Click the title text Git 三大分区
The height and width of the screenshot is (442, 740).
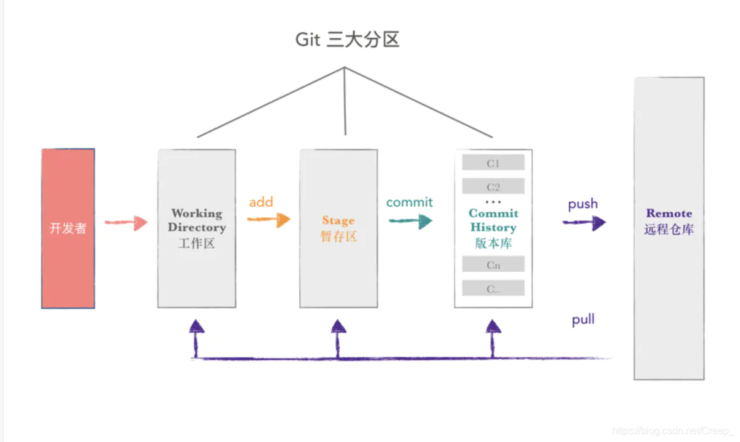[347, 40]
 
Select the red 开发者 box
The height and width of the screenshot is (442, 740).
[68, 228]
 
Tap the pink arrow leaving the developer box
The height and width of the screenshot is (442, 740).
[126, 223]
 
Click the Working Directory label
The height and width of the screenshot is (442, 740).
[197, 220]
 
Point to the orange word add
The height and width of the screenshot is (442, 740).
[261, 202]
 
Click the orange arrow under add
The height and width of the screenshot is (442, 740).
[269, 219]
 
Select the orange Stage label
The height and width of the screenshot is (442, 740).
[338, 220]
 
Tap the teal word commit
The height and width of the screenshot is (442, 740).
[409, 202]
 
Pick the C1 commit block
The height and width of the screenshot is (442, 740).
[493, 163]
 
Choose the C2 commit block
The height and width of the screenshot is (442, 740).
[493, 186]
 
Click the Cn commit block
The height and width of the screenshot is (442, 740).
[493, 265]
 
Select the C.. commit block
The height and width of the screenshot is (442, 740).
[493, 288]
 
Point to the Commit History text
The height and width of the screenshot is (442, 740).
[493, 220]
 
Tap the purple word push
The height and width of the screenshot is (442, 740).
[583, 204]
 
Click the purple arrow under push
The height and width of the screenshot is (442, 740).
[584, 223]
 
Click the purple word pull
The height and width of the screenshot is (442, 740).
[583, 320]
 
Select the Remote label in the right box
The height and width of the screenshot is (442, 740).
[668, 214]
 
